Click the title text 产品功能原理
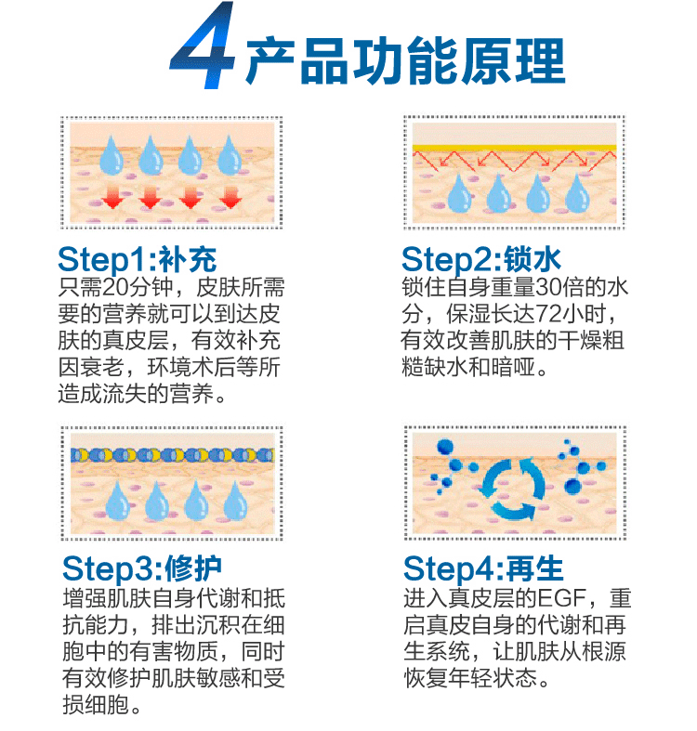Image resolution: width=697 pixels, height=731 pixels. pyautogui.click(x=405, y=61)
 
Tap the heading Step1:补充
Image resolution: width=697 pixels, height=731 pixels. pyautogui.click(x=138, y=259)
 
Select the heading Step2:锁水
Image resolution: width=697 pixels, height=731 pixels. pyautogui.click(x=481, y=259)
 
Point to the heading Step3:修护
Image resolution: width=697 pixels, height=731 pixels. pyautogui.click(x=142, y=568)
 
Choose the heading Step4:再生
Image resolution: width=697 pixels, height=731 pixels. pyautogui.click(x=483, y=568)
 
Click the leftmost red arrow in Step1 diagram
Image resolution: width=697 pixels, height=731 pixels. pyautogui.click(x=112, y=197)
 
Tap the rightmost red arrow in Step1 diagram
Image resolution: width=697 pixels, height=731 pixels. pyautogui.click(x=230, y=197)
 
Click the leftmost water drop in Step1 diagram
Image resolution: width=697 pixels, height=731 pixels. pyautogui.click(x=111, y=155)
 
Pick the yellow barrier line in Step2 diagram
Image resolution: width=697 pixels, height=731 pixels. pyautogui.click(x=514, y=149)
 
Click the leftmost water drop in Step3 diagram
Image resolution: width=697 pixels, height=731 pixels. pyautogui.click(x=118, y=501)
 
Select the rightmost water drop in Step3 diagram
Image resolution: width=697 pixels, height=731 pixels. pyautogui.click(x=235, y=501)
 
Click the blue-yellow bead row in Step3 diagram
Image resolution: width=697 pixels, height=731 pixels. pyautogui.click(x=172, y=454)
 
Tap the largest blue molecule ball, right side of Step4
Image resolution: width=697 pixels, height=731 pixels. pyautogui.click(x=572, y=486)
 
